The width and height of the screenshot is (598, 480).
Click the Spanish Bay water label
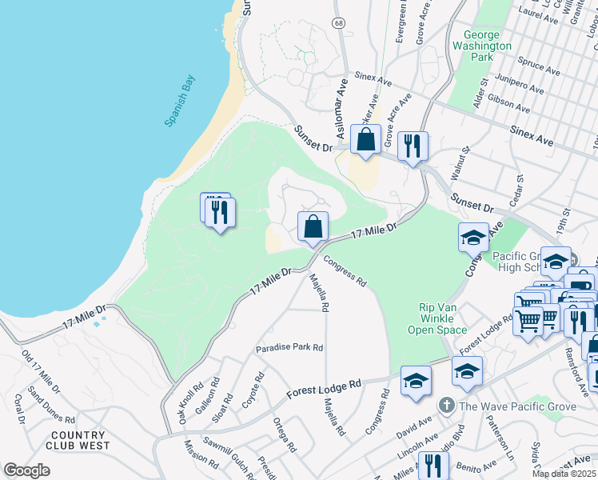point(180,101)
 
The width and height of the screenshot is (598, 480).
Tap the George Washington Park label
point(488,46)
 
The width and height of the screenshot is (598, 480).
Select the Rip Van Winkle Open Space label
point(442,318)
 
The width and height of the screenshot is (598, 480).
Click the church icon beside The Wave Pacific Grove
point(447,406)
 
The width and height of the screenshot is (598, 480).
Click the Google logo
point(26,470)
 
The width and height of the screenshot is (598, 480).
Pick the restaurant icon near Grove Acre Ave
point(413,146)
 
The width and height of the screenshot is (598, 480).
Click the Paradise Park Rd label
point(289,348)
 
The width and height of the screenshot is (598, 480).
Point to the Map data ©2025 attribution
point(564,474)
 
